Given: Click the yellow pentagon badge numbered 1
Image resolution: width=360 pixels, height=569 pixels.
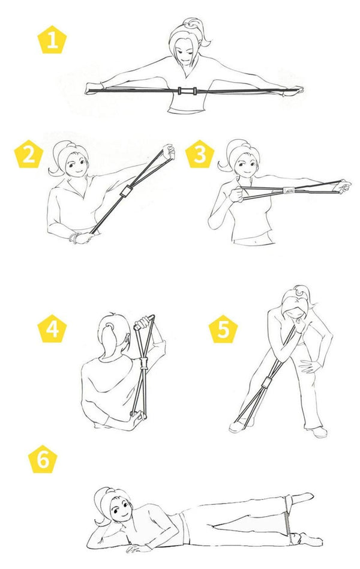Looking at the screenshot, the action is [x=52, y=40].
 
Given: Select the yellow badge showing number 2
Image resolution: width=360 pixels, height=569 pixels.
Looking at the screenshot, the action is [x=29, y=154].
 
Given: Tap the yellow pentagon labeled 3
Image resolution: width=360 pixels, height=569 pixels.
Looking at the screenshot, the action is [x=200, y=154].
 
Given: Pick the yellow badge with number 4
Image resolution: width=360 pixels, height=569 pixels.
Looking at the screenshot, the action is [x=52, y=329].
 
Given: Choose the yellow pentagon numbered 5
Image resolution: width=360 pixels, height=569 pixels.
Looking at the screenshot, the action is [x=223, y=329].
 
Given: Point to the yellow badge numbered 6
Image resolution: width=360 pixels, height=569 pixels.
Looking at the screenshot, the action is [x=43, y=459].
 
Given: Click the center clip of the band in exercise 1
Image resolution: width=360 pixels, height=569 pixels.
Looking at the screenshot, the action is [x=187, y=91].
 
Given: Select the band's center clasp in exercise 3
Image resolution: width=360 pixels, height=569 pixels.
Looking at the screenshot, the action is [x=290, y=190].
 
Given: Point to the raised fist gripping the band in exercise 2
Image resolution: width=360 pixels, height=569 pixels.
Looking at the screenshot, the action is [x=169, y=152].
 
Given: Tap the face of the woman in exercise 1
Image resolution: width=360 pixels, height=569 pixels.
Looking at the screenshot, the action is [x=185, y=52].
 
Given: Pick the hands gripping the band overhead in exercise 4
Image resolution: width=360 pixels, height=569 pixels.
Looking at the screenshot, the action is [x=143, y=322].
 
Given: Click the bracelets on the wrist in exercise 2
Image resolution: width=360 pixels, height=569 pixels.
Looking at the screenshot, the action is [x=74, y=238].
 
